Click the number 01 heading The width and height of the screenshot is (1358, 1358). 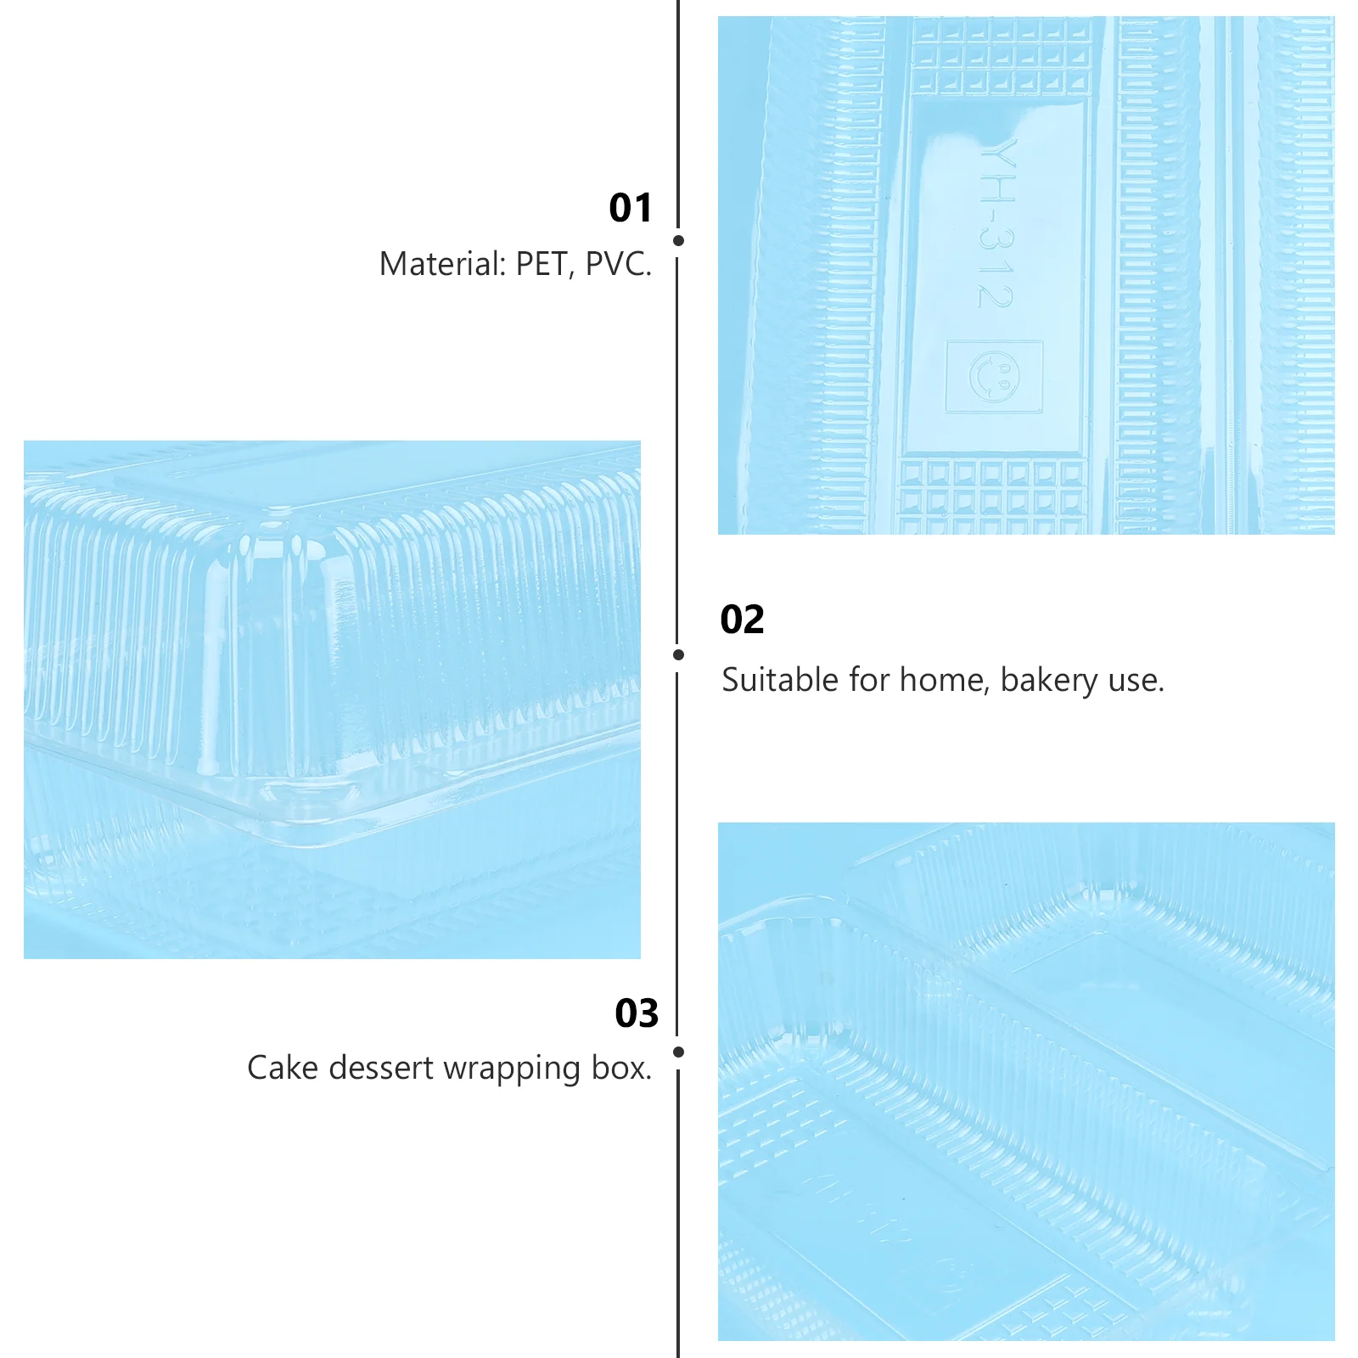[x=631, y=208]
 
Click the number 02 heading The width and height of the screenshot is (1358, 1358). [x=742, y=620]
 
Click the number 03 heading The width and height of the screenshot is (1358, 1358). [x=637, y=1013]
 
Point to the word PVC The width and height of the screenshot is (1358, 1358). [x=619, y=264]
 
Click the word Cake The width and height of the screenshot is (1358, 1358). [x=283, y=1068]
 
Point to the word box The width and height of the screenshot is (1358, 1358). [x=622, y=1068]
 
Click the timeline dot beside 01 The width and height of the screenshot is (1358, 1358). [x=678, y=241]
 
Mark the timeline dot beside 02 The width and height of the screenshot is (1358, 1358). [x=678, y=655]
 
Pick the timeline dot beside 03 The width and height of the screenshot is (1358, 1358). [x=678, y=1052]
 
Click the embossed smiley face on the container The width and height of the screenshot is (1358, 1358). [x=995, y=376]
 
